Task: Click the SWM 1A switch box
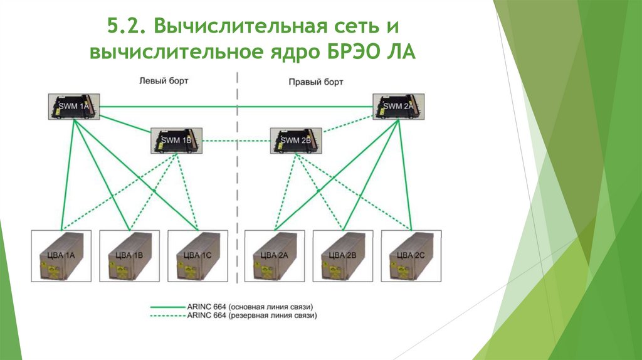tap(73, 107)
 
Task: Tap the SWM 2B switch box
tap(296, 140)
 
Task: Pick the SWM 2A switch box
tap(398, 106)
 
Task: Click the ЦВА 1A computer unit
tap(61, 256)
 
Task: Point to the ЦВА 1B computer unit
tap(129, 256)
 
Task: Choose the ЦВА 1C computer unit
tap(197, 256)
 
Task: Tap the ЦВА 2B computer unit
tap(343, 256)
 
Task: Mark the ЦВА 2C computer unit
tap(411, 256)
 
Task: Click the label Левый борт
tap(163, 81)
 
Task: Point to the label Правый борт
tap(316, 82)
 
